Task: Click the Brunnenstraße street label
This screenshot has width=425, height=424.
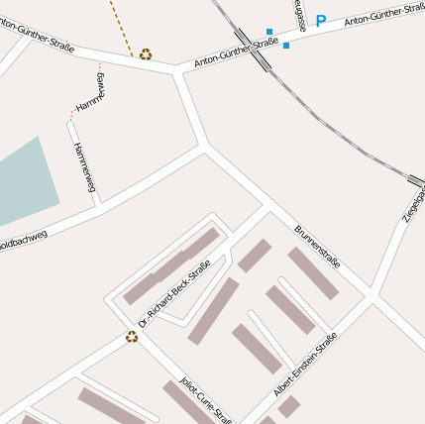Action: click(317, 248)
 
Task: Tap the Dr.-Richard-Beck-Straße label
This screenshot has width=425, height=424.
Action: click(175, 293)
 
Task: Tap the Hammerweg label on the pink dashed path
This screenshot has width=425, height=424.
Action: click(90, 93)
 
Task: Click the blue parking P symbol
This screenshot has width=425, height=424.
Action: click(320, 20)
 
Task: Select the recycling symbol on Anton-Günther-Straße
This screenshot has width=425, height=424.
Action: click(146, 54)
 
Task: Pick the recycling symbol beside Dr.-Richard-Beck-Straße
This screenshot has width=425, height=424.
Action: click(131, 337)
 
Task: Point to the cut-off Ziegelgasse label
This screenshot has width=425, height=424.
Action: click(414, 203)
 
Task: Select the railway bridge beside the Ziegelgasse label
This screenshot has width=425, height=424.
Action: click(415, 181)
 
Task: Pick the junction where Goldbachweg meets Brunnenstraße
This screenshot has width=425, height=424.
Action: click(205, 147)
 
